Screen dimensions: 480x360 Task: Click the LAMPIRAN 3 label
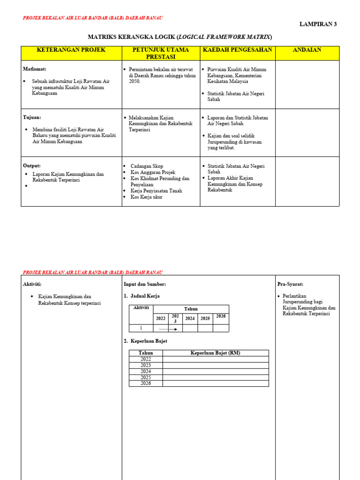coord(318,24)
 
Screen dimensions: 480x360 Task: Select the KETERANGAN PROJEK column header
coord(71,50)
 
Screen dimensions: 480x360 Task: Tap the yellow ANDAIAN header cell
coord(307,50)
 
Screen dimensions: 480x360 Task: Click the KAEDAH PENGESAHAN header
coord(237,50)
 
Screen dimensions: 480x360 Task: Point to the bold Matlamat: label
coord(35,69)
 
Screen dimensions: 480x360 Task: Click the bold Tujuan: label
coord(32,117)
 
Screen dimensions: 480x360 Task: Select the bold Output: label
coord(32,165)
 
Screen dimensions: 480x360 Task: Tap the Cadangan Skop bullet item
coord(147,166)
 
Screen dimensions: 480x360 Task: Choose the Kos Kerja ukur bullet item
coord(146,197)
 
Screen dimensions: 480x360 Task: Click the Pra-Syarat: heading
coord(290,284)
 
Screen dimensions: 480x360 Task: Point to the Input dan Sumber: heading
coord(144,284)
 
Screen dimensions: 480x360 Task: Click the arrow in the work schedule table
coord(168,329)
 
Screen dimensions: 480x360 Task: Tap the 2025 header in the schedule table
coord(205,318)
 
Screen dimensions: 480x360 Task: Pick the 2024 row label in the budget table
coord(146,371)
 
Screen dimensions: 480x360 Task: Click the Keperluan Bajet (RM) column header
coord(215,353)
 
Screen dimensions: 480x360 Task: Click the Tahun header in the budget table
coord(146,353)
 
